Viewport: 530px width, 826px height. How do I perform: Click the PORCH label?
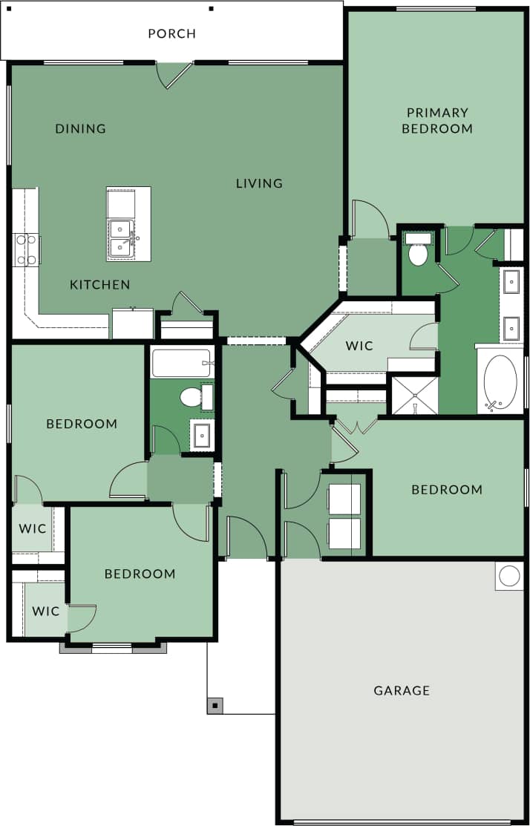click(x=171, y=33)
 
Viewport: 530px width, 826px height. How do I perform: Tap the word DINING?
click(x=80, y=128)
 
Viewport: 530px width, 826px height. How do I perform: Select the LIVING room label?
click(x=259, y=183)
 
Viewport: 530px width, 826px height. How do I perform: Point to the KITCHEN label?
click(x=99, y=284)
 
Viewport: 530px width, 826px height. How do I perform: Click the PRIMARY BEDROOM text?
click(x=437, y=120)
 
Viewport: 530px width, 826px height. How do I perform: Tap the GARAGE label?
click(x=402, y=690)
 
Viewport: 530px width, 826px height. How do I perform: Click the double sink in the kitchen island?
click(x=120, y=238)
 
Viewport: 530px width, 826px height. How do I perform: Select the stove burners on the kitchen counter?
click(x=26, y=249)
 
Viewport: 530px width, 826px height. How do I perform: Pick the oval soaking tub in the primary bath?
click(x=500, y=383)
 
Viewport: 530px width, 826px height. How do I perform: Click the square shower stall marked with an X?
click(x=414, y=396)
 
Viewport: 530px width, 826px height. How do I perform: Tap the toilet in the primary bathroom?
click(x=418, y=252)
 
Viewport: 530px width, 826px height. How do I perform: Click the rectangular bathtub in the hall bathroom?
click(x=182, y=364)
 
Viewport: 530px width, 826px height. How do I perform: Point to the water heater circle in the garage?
click(x=509, y=576)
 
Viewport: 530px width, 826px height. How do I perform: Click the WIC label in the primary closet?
click(x=359, y=346)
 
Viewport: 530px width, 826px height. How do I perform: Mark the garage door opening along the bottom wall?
click(x=402, y=822)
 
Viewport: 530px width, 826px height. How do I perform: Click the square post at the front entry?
click(x=215, y=705)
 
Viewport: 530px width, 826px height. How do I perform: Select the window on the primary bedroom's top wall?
click(x=436, y=9)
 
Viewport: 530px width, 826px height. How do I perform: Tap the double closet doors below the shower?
click(x=357, y=427)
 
